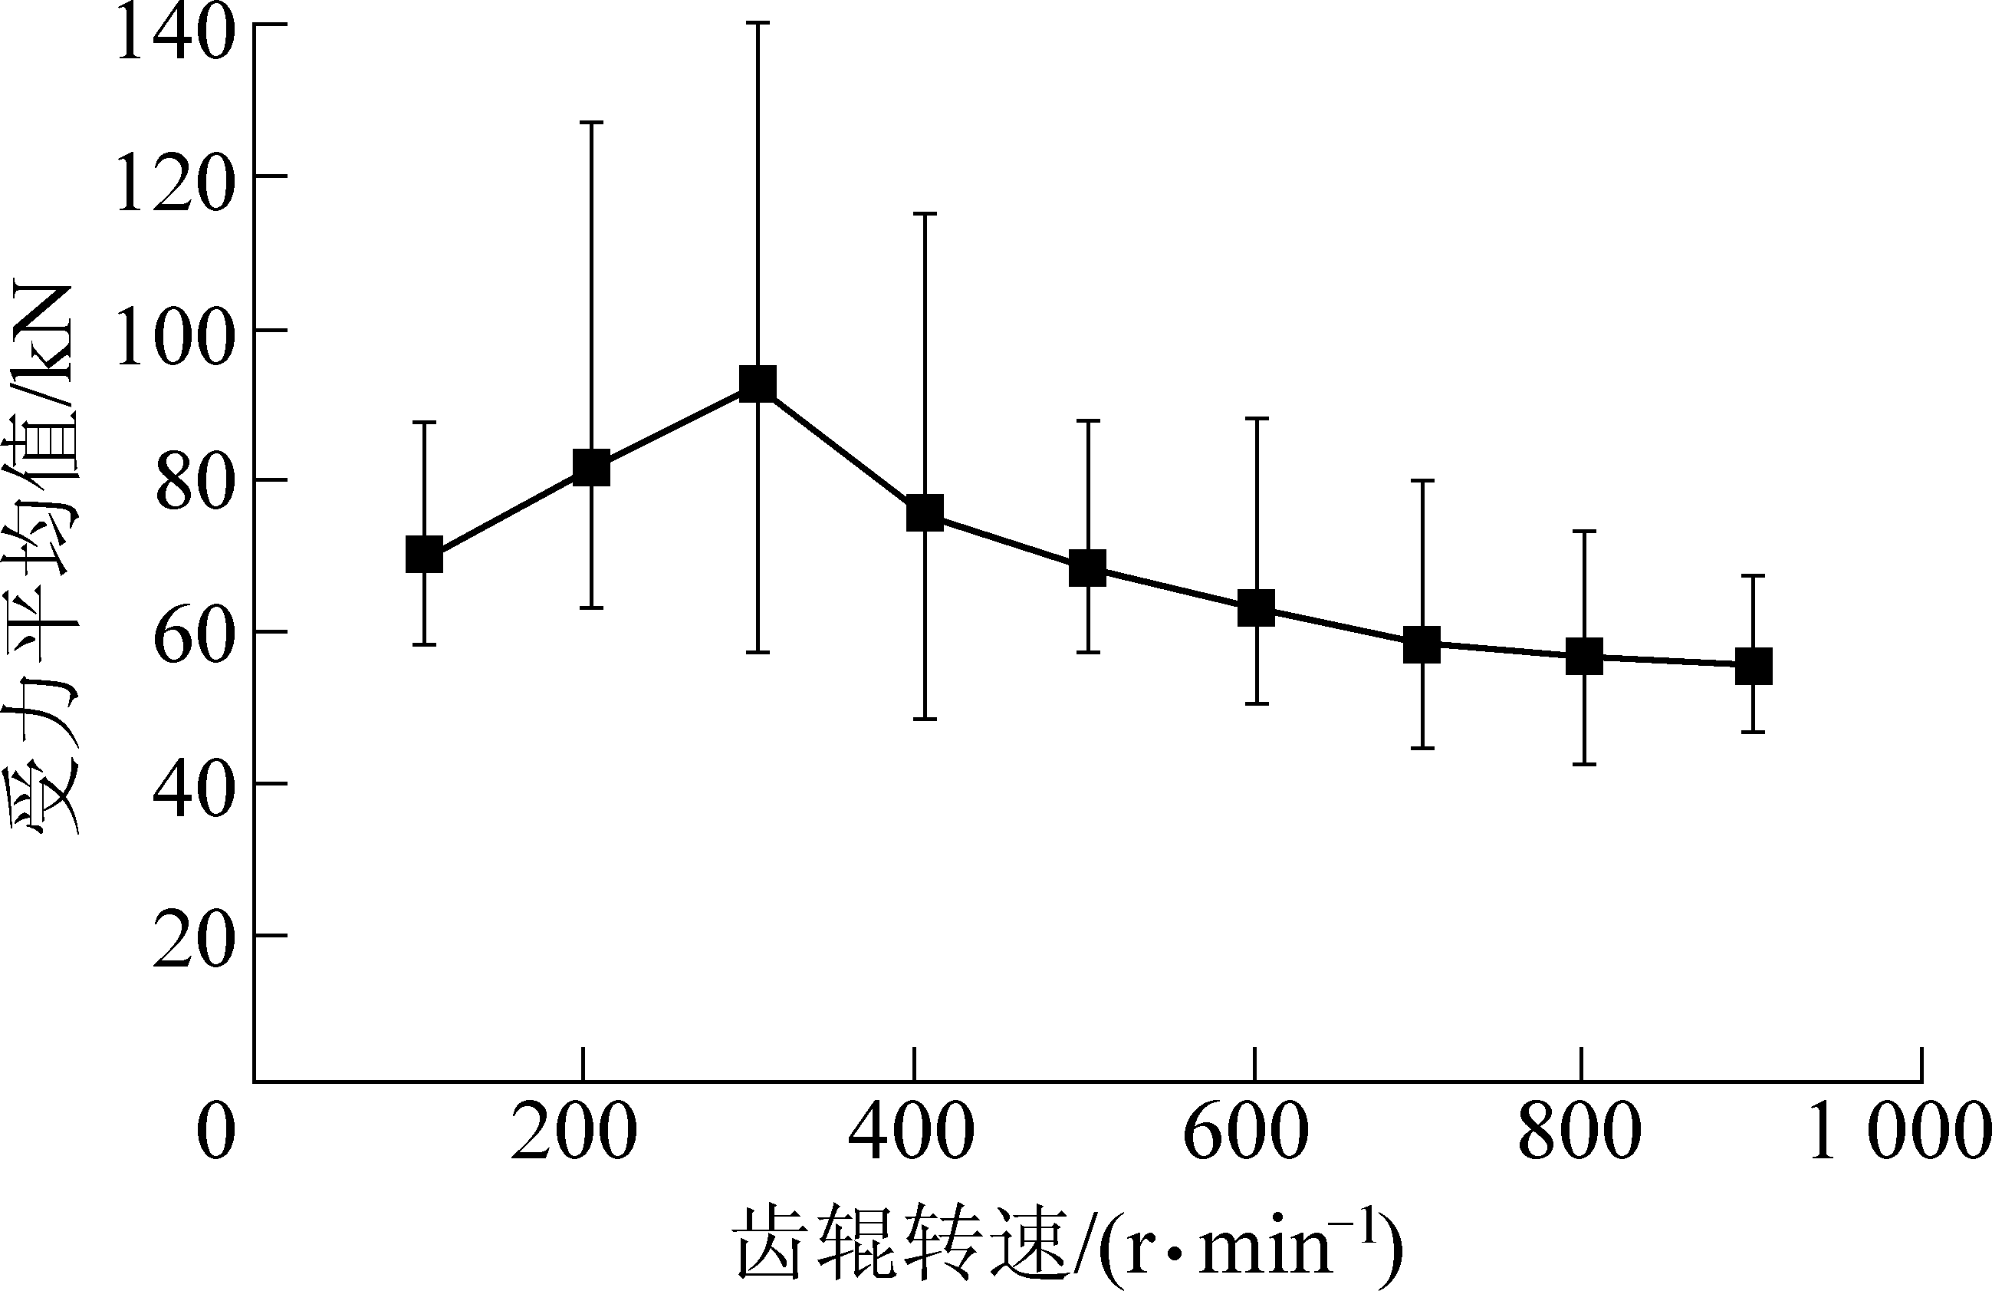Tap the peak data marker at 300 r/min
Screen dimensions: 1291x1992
(x=758, y=384)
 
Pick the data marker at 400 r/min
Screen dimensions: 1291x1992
(x=925, y=512)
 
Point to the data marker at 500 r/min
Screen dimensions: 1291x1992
(x=1088, y=568)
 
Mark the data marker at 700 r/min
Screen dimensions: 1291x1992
(x=1422, y=644)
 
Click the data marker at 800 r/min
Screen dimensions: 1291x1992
(x=1584, y=657)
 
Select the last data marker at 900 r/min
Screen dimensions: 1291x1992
(x=1753, y=667)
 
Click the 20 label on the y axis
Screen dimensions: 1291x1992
(x=191, y=943)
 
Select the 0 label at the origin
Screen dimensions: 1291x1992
(x=215, y=1133)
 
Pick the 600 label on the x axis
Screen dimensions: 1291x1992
(x=1246, y=1133)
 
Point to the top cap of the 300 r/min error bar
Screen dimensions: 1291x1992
(x=758, y=24)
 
